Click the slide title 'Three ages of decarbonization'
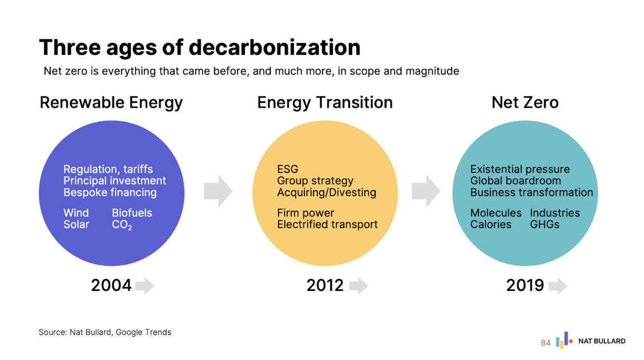coord(199,47)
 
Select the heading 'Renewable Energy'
coord(111,103)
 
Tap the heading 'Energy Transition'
coord(325,103)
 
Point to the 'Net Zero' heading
coord(525,103)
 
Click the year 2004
coord(111,285)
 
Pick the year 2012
coord(325,285)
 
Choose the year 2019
coord(525,285)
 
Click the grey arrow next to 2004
coord(145,285)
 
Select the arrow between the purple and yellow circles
coord(218,191)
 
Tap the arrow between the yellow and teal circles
coord(426,191)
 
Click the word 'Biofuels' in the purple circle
coord(132,213)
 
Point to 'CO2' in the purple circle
coord(122,225)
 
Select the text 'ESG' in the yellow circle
coord(287,169)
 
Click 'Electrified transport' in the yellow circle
coord(327,225)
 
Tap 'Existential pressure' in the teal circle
coord(520,169)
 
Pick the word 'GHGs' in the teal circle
coord(544,225)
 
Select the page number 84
coord(546,343)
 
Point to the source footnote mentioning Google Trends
coord(105,332)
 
